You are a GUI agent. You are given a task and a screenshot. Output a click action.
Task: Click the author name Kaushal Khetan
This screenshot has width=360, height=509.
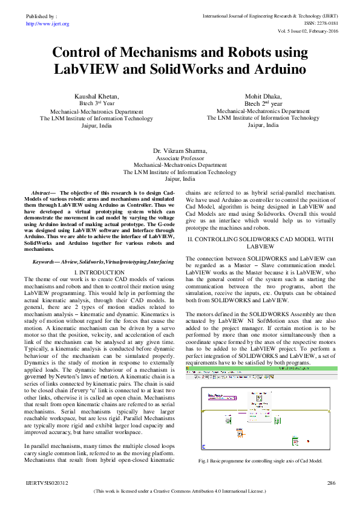point(97,96)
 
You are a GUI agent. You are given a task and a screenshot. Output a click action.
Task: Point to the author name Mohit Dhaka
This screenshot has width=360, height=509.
point(263,96)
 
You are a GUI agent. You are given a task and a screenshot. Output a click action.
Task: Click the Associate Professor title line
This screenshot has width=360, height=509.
point(180,157)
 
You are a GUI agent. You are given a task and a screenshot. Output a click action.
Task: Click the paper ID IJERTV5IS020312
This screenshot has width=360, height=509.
point(47,483)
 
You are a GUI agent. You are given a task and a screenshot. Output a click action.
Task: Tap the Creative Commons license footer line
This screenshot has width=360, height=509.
point(180,492)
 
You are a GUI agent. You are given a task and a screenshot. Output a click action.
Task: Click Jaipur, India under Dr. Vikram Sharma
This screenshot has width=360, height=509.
point(180,180)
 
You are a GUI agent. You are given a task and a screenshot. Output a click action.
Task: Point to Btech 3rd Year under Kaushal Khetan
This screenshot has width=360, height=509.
point(97,104)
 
